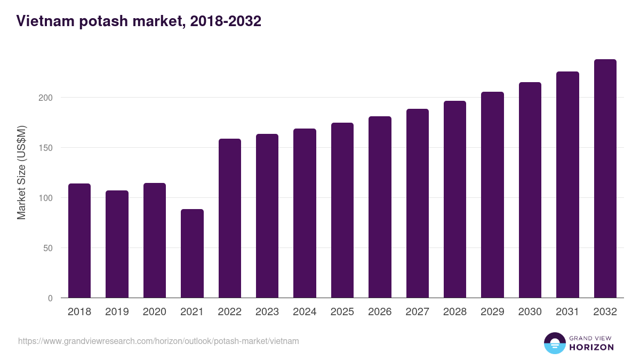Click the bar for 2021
point(192,253)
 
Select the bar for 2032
point(605,179)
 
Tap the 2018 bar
point(79,241)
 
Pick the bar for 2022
point(229,218)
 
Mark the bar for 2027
point(417,203)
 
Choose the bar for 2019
point(117,244)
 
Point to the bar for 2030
point(530,190)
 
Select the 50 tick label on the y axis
point(49,248)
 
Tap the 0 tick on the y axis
point(51,298)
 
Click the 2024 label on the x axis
point(305,312)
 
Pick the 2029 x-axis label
point(492,312)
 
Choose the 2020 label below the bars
point(154,312)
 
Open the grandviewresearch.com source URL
point(158,341)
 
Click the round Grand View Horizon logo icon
point(554,343)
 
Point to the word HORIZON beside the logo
point(591,347)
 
